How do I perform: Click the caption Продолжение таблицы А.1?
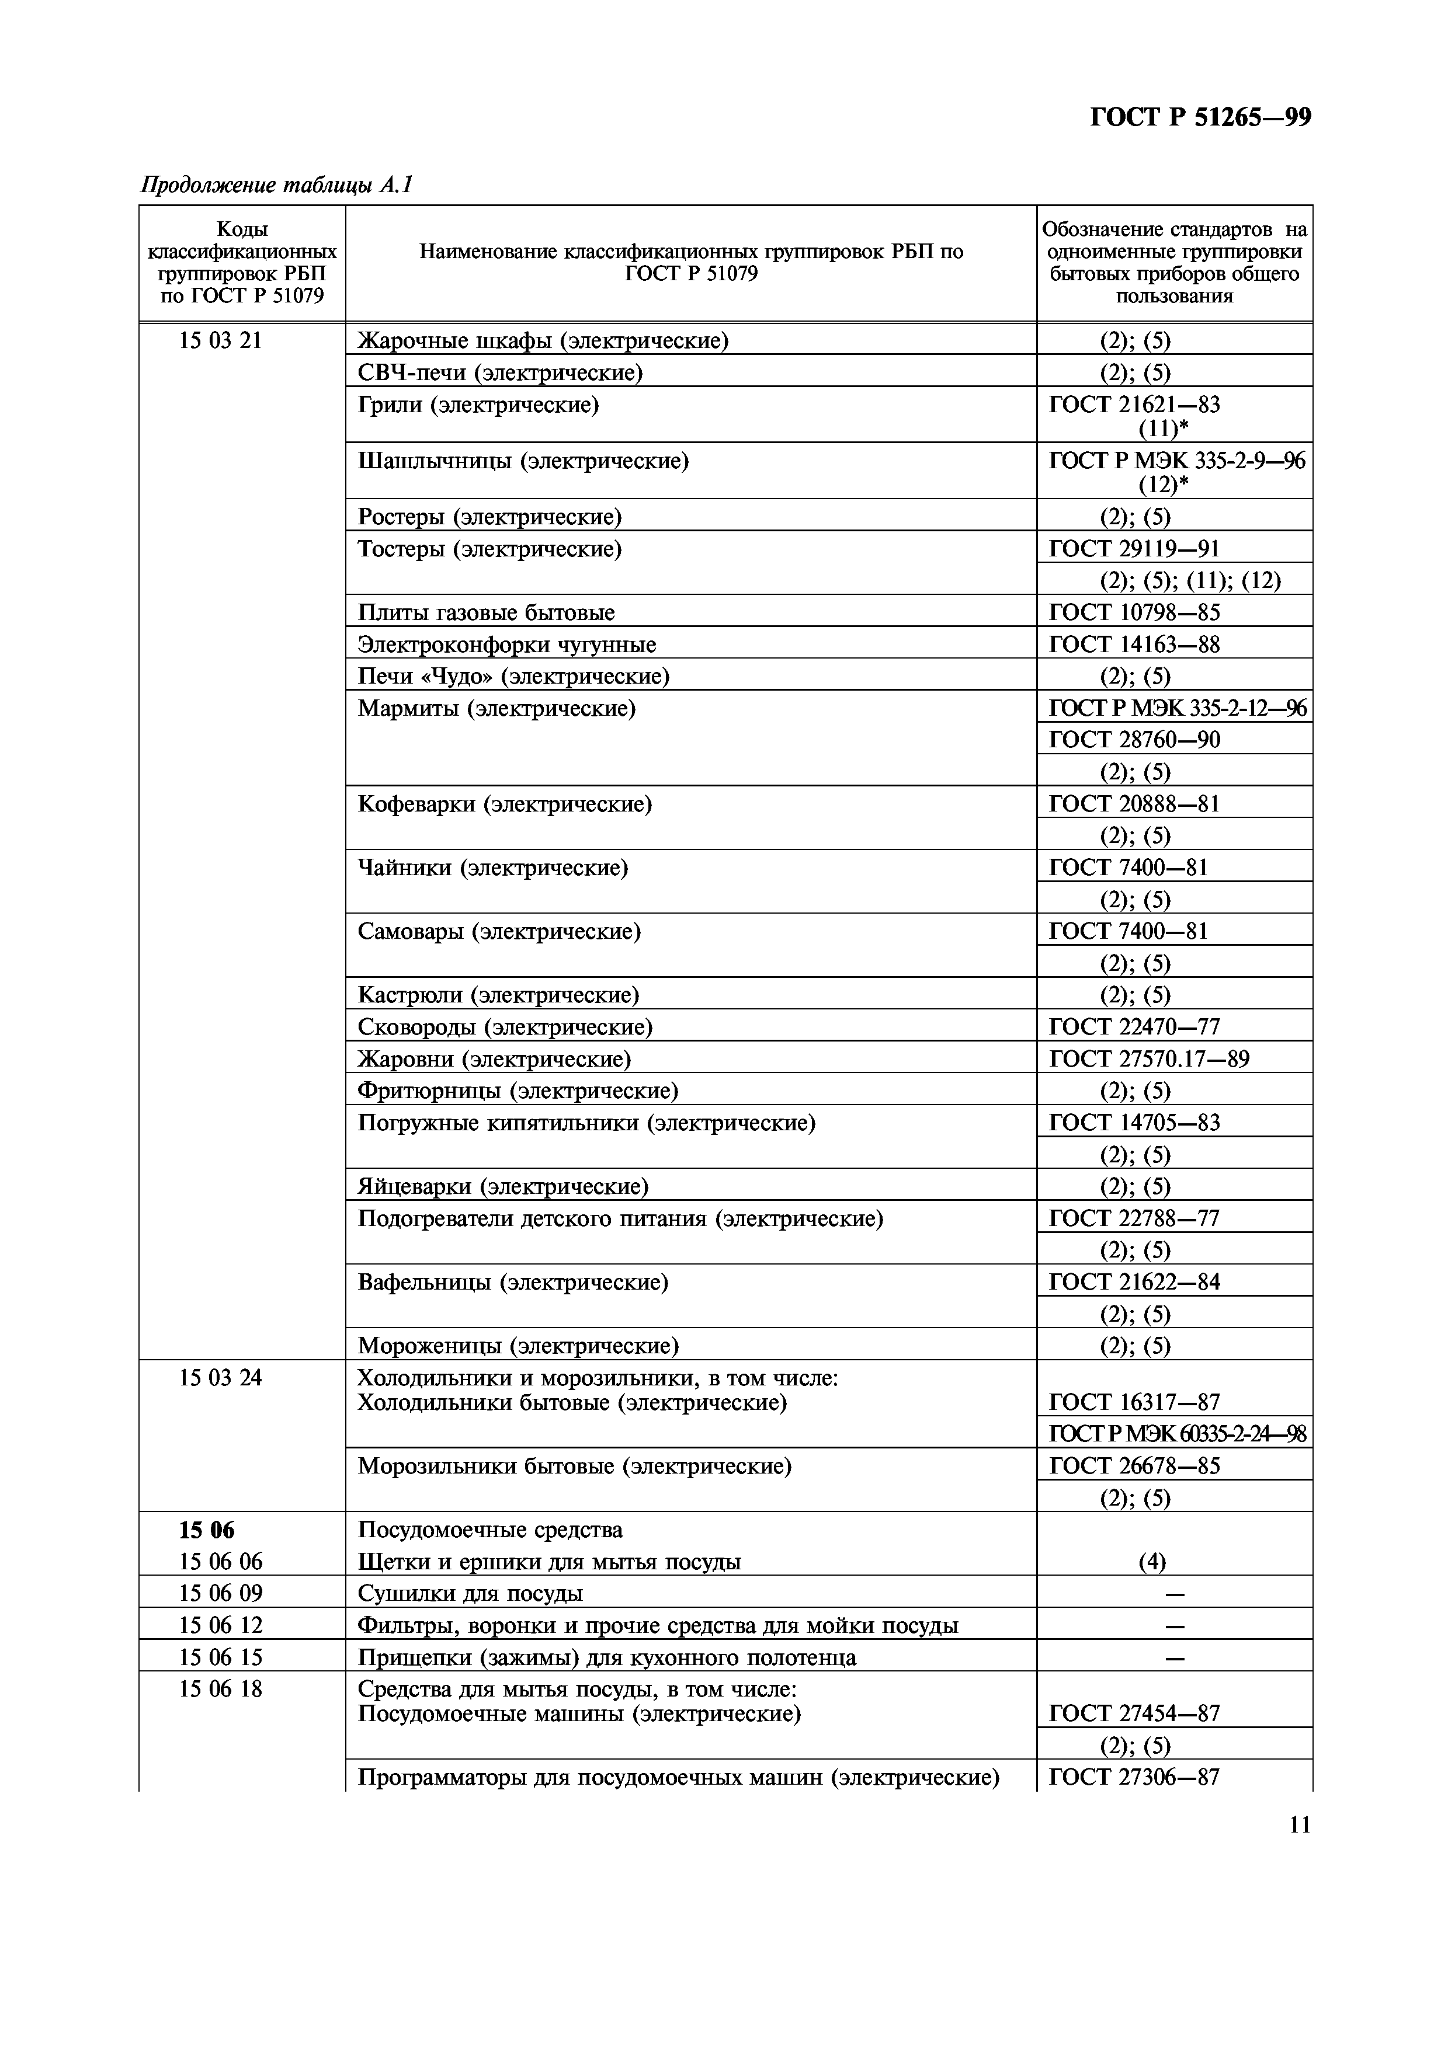click(x=276, y=186)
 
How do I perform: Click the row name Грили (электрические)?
click(x=478, y=405)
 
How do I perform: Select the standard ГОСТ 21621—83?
click(x=1134, y=405)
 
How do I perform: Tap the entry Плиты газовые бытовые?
click(x=486, y=613)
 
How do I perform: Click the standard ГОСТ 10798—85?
click(x=1134, y=613)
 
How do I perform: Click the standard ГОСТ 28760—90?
click(x=1134, y=740)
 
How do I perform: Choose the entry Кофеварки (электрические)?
click(x=505, y=804)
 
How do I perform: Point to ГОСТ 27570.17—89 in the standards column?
click(x=1149, y=1059)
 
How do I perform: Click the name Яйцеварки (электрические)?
click(x=503, y=1186)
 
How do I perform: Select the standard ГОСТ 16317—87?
click(x=1134, y=1402)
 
